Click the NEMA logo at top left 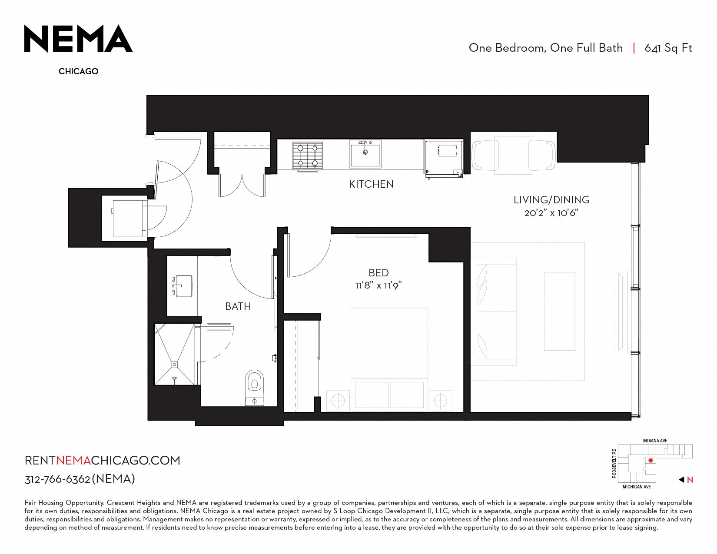pyautogui.click(x=78, y=38)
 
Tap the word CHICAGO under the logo pyautogui.click(x=78, y=71)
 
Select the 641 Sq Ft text pyautogui.click(x=668, y=48)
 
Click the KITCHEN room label pyautogui.click(x=371, y=184)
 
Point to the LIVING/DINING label pyautogui.click(x=551, y=199)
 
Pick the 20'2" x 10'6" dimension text pyautogui.click(x=551, y=213)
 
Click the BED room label pyautogui.click(x=378, y=273)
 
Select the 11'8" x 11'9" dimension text pyautogui.click(x=378, y=285)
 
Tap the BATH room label pyautogui.click(x=238, y=306)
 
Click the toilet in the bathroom pyautogui.click(x=255, y=388)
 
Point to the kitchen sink pyautogui.click(x=365, y=153)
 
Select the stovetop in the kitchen pyautogui.click(x=308, y=156)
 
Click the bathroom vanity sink pyautogui.click(x=183, y=286)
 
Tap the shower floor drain pyautogui.click(x=174, y=364)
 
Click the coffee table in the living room pyautogui.click(x=559, y=311)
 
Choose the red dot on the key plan pyautogui.click(x=651, y=460)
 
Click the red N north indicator pyautogui.click(x=690, y=480)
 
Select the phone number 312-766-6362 pyautogui.click(x=57, y=479)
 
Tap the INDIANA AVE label pyautogui.click(x=655, y=441)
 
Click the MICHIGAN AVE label pyautogui.click(x=637, y=487)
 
